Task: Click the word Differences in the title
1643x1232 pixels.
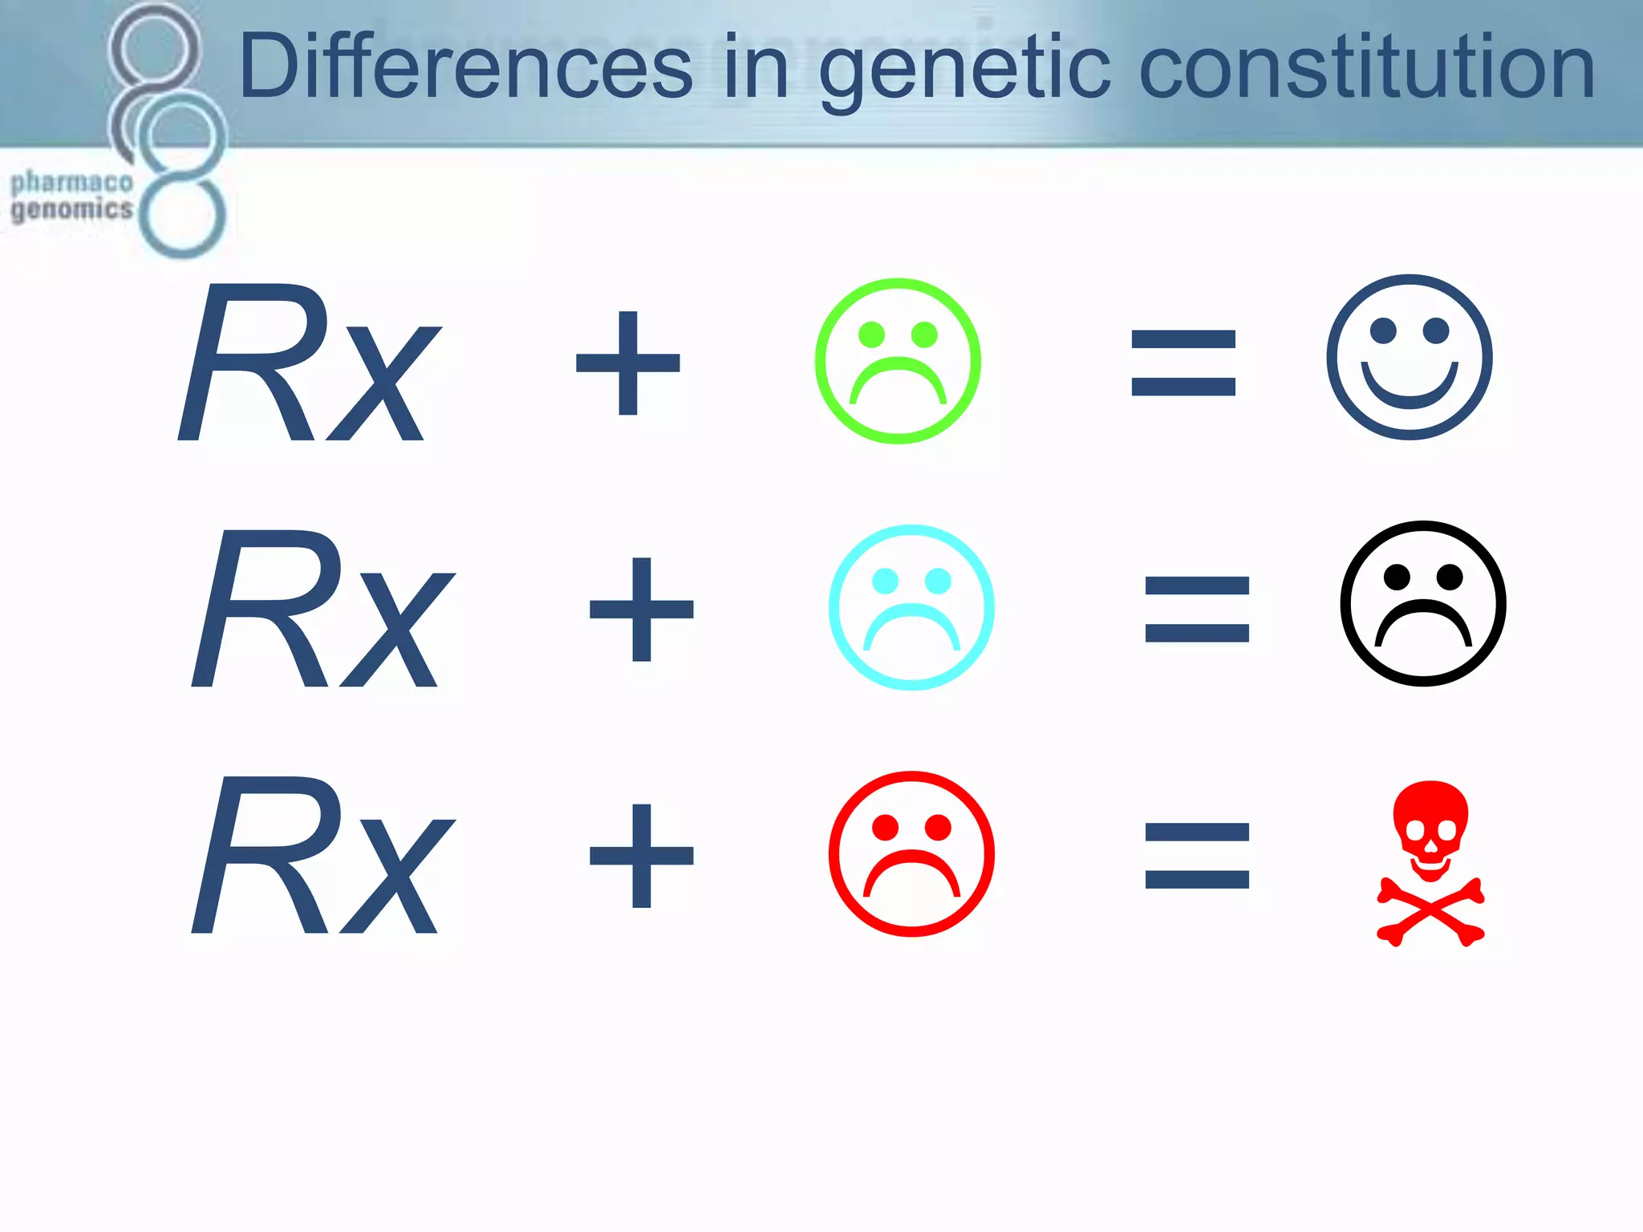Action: (x=465, y=67)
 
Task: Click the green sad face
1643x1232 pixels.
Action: (x=898, y=361)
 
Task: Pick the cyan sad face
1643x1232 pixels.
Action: (x=911, y=607)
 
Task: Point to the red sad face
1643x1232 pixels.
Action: (x=911, y=853)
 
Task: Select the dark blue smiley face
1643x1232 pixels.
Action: (x=1409, y=358)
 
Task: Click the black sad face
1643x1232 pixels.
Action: (x=1422, y=603)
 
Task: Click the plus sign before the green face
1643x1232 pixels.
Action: (x=628, y=363)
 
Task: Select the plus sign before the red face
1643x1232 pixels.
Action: (x=642, y=855)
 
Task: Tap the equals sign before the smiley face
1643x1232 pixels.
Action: (x=1183, y=363)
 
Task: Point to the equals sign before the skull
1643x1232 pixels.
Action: (x=1197, y=856)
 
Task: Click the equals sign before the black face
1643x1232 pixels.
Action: (x=1197, y=610)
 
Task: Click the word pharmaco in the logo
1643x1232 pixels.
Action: (x=71, y=183)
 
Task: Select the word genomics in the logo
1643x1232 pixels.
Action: (x=71, y=210)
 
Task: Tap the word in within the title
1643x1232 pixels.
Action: (x=756, y=67)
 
